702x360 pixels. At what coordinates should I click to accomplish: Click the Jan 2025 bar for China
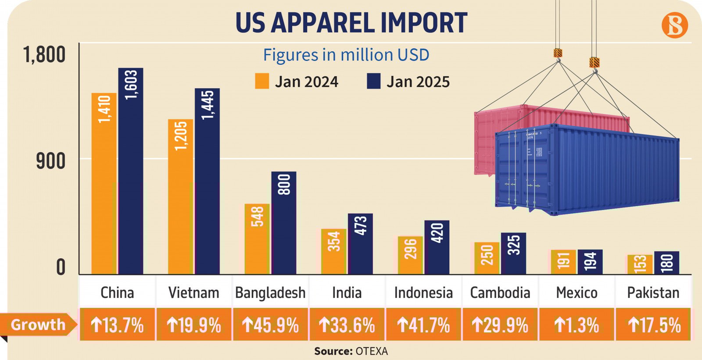[130, 171]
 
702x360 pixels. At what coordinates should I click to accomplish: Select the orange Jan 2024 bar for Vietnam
[180, 197]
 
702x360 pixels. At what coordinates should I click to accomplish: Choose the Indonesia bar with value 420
[437, 247]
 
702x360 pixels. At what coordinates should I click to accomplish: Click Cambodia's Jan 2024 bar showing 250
[487, 258]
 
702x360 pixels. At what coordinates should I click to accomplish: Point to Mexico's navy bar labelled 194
[590, 262]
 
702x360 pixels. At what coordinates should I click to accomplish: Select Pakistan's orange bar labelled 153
[640, 264]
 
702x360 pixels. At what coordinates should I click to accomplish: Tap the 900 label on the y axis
[50, 161]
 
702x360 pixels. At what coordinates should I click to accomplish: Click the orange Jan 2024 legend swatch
[262, 81]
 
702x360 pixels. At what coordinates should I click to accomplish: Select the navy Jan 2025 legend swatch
[373, 81]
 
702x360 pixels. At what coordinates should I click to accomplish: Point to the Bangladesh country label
[270, 292]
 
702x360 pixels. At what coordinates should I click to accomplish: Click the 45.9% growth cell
[270, 325]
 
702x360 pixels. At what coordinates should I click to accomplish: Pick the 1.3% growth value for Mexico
[577, 325]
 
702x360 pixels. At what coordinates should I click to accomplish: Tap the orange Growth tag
[38, 324]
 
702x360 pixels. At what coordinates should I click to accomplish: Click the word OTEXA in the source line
[372, 351]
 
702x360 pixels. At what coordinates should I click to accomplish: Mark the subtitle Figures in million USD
[346, 55]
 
